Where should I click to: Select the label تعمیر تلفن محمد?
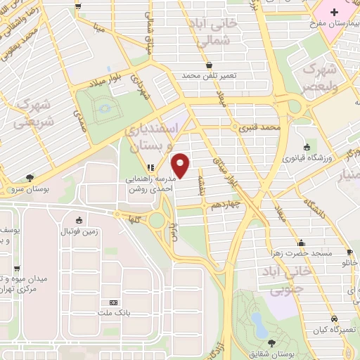point(209,75)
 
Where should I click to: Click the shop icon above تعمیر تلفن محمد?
point(209,65)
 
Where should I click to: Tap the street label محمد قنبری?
point(259,129)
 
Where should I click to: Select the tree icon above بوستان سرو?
point(29,179)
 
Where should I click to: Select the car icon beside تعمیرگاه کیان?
point(349,309)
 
